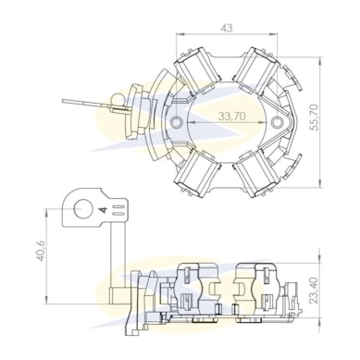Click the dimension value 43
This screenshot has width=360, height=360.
pos(227,28)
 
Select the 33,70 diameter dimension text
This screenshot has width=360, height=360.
pos(232,116)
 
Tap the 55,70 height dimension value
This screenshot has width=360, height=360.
pos(314,118)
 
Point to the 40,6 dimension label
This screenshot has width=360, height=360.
pos(42,251)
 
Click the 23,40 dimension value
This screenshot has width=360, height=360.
pos(314,291)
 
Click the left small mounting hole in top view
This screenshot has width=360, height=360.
pos(176,122)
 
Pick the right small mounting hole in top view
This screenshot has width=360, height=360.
pos(277,122)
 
